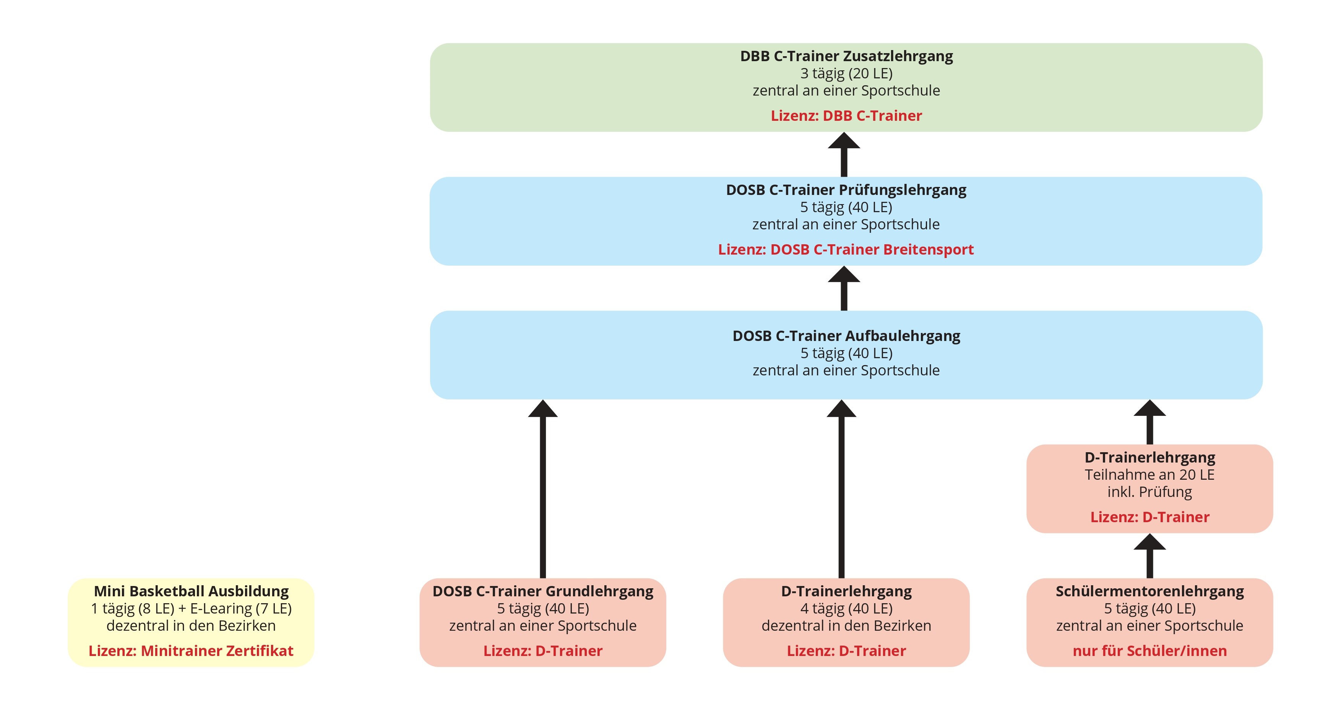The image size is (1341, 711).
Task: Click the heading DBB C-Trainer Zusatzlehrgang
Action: coord(846,56)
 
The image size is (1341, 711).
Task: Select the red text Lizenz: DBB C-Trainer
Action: coord(846,115)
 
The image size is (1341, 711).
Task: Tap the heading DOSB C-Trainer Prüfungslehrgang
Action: coord(846,190)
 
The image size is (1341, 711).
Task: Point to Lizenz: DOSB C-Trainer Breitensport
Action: coord(846,249)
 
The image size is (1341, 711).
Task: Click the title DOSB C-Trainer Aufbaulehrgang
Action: coord(846,336)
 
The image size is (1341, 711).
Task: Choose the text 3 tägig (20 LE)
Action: coord(846,73)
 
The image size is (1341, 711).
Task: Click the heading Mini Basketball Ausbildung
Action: coord(191,591)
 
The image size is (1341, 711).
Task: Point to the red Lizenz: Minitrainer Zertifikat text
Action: coord(191,651)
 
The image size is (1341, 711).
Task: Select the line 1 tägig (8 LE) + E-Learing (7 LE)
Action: coord(191,609)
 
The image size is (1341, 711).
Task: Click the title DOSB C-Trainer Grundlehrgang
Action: coord(543,591)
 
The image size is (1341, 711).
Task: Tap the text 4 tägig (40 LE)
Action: coord(846,609)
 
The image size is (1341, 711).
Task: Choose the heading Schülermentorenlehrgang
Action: coord(1149,591)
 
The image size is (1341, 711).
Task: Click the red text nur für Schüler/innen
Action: coord(1149,651)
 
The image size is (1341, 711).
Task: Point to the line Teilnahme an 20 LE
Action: coord(1149,475)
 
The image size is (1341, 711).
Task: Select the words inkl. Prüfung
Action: coord(1149,492)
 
